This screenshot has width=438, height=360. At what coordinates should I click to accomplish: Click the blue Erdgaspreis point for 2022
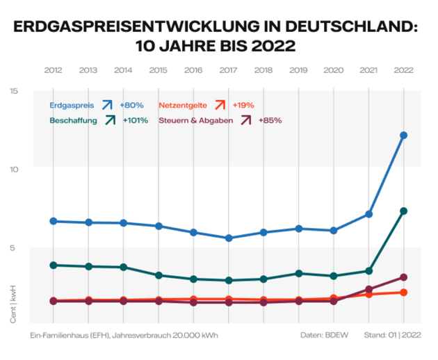404,136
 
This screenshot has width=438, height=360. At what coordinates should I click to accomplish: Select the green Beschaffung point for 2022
404,211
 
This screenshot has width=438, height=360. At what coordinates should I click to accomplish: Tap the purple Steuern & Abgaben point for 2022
404,277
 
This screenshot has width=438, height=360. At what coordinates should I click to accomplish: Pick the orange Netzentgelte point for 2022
404,293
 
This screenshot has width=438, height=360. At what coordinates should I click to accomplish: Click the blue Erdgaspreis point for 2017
229,238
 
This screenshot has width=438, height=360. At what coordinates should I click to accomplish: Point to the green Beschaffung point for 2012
53,265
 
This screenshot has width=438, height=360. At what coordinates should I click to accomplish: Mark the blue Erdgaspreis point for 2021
369,214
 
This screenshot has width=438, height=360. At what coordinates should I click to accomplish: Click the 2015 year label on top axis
159,70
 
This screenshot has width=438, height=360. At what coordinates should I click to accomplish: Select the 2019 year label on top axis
299,70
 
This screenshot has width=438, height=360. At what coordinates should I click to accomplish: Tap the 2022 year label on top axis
404,70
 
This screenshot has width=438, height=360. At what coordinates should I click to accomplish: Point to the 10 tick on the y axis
33,169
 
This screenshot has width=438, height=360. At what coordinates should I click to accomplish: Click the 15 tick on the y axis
33,90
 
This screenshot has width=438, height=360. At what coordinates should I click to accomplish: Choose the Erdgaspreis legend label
72,106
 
